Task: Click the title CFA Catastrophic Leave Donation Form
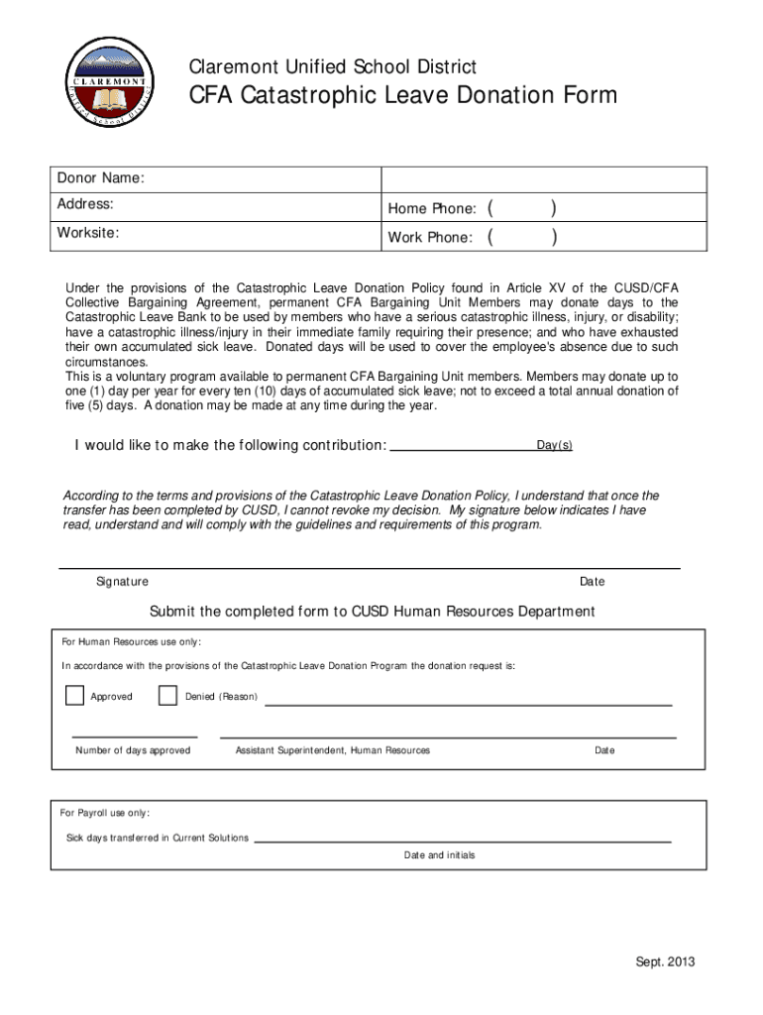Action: (x=403, y=96)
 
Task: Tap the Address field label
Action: (x=85, y=204)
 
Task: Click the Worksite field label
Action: (x=88, y=233)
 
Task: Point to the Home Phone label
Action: (x=433, y=208)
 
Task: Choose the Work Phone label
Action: (x=430, y=238)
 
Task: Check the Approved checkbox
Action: (x=75, y=696)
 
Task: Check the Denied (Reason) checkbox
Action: (x=167, y=696)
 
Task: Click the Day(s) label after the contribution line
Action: (x=555, y=446)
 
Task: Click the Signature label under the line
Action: (x=122, y=582)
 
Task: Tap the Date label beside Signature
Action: (x=593, y=582)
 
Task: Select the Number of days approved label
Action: (x=133, y=750)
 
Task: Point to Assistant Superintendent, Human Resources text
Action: (x=333, y=750)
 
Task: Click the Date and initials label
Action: (x=439, y=855)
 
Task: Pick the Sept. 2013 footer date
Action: (x=665, y=962)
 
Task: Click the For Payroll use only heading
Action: (x=105, y=813)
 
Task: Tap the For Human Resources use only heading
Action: (x=131, y=641)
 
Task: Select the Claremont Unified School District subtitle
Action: (x=333, y=67)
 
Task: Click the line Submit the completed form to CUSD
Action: (x=372, y=612)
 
